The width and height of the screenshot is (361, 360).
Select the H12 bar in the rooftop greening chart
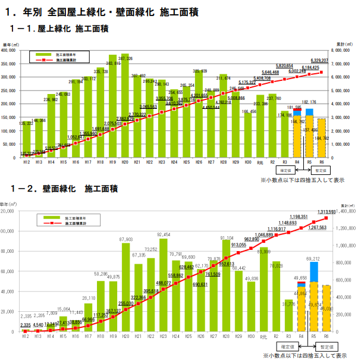click(26, 143)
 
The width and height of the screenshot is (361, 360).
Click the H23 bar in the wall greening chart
click(163, 284)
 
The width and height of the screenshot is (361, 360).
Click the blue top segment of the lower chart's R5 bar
click(313, 273)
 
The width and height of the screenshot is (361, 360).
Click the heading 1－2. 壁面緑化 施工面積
click(62, 189)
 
